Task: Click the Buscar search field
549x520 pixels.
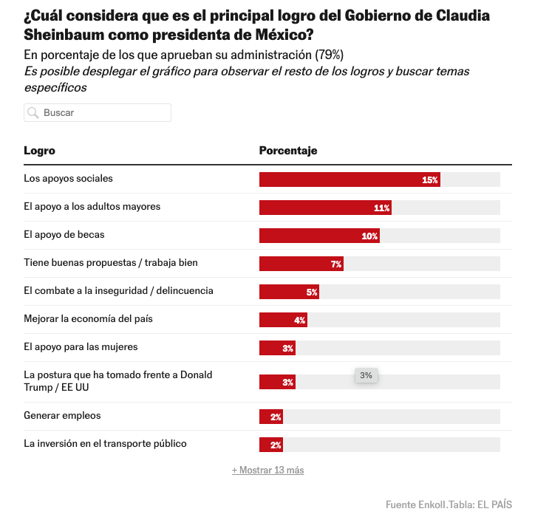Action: (103, 113)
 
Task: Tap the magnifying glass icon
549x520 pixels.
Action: (33, 113)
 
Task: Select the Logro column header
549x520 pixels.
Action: (39, 151)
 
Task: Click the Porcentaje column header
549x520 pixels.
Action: (288, 151)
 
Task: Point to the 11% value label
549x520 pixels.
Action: (381, 208)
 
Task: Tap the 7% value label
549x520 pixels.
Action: (335, 264)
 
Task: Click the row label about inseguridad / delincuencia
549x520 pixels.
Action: (118, 290)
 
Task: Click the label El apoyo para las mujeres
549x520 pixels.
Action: (81, 346)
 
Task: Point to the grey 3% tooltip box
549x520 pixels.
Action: (366, 375)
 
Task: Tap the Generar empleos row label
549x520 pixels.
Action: (62, 415)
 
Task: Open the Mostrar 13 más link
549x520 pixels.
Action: (267, 471)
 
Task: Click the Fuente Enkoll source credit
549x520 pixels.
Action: (417, 504)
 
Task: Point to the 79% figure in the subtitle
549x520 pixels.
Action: (328, 55)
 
